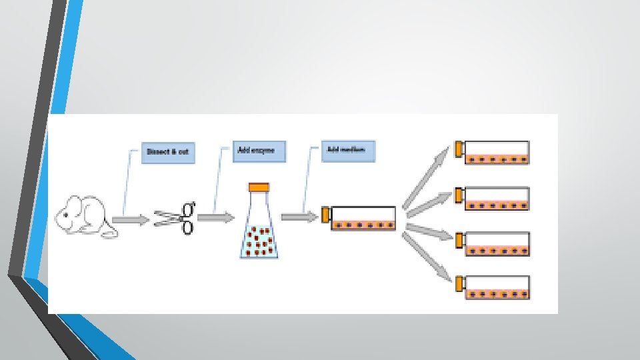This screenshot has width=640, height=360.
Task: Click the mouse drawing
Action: point(84,216)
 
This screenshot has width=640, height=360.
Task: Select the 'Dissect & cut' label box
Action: point(167,153)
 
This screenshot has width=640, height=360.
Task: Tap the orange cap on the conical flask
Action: point(259,187)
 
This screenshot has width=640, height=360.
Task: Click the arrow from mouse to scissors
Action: point(131,219)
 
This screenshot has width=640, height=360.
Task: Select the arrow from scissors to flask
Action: point(215,217)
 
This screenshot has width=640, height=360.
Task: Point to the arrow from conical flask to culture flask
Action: point(300,217)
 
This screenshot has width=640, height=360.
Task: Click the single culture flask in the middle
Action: point(363,218)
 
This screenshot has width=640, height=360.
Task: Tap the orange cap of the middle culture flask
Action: point(326,215)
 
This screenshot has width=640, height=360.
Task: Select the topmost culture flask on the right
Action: point(497,153)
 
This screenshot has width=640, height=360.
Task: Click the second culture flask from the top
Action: point(497,199)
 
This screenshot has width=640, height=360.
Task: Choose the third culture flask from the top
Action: point(497,244)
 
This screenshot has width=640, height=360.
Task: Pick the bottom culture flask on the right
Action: point(497,287)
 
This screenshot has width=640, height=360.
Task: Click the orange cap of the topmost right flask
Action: point(459,149)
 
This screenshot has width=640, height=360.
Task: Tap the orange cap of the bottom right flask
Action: point(459,284)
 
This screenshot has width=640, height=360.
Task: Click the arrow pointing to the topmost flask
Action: point(427,174)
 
